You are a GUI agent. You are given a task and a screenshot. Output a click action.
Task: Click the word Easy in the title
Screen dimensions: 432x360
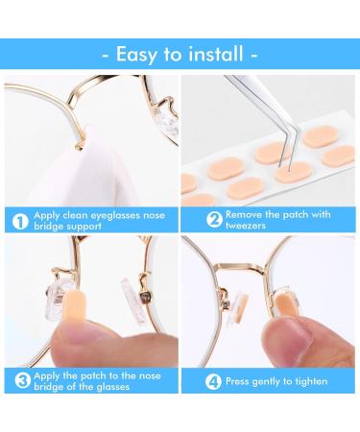[x=138, y=54]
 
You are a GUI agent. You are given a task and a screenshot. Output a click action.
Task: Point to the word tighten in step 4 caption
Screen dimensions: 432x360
[x=313, y=380]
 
